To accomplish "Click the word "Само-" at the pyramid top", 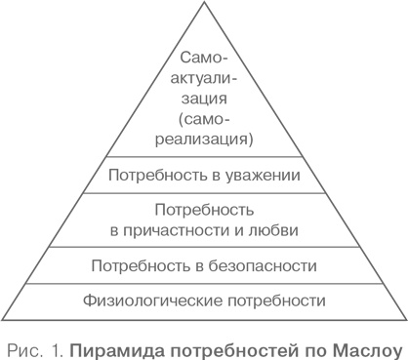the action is point(204,60).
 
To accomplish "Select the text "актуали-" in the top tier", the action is point(204,79).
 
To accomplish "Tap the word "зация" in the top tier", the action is point(204,99).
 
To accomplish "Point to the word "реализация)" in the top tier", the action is point(204,139).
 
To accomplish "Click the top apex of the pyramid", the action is point(204,3).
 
